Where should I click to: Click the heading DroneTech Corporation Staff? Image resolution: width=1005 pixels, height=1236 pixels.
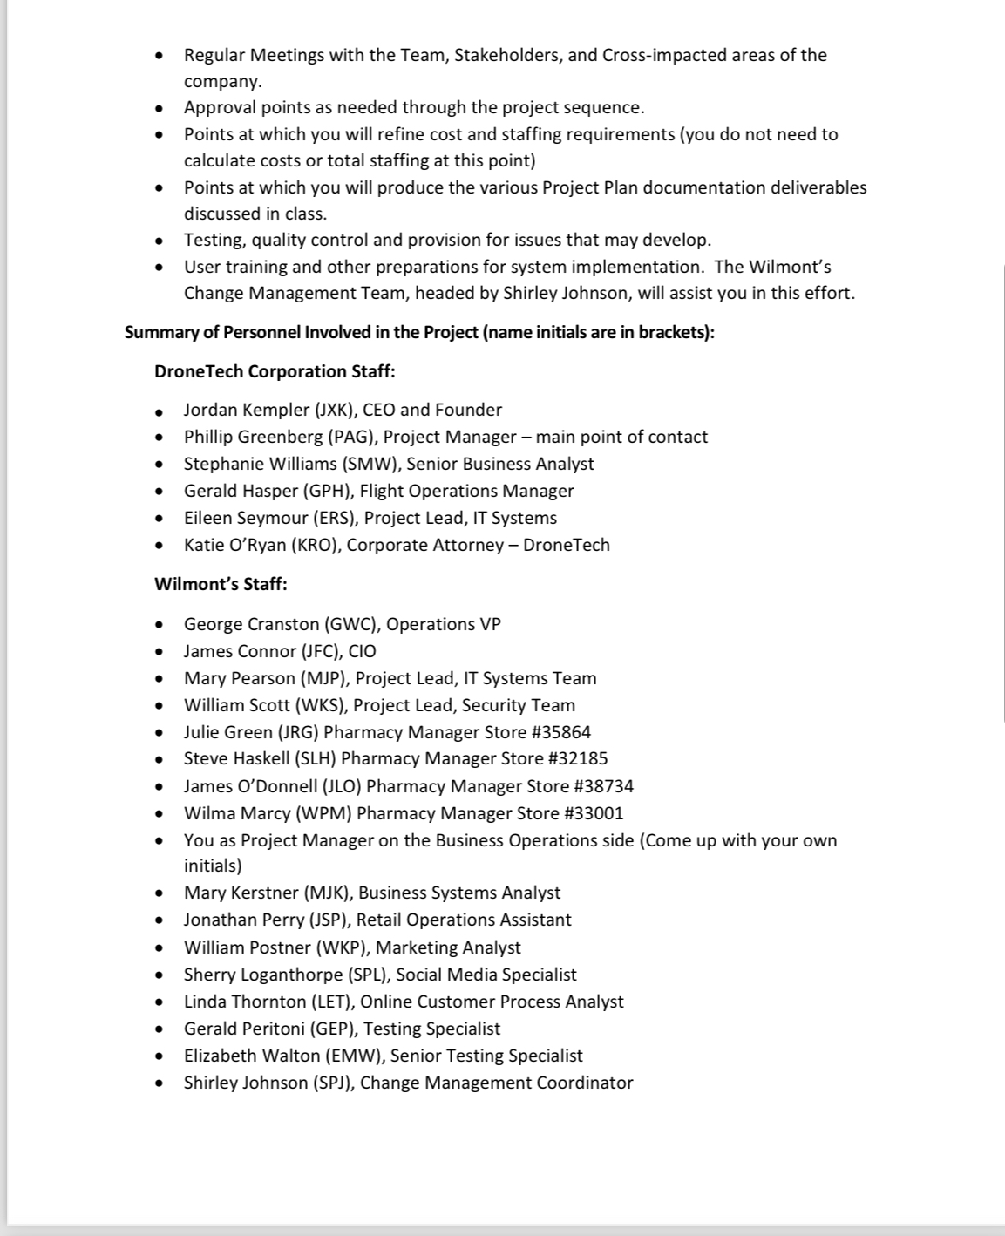click(x=275, y=371)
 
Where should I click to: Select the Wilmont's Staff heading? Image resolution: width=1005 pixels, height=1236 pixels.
click(x=221, y=584)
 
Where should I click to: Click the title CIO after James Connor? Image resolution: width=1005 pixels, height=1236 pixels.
click(x=362, y=651)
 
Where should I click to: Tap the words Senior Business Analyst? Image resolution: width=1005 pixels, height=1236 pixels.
click(x=500, y=464)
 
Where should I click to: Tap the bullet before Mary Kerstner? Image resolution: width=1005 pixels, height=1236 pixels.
click(x=159, y=893)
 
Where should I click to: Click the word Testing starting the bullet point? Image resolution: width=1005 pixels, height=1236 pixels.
click(x=214, y=240)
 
